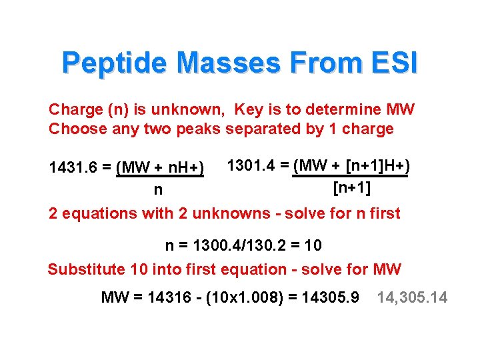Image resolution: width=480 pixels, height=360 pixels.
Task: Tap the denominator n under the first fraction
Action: point(158,190)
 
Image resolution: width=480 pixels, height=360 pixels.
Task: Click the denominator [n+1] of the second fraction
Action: point(352,187)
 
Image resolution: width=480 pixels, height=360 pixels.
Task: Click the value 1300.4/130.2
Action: point(244,245)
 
